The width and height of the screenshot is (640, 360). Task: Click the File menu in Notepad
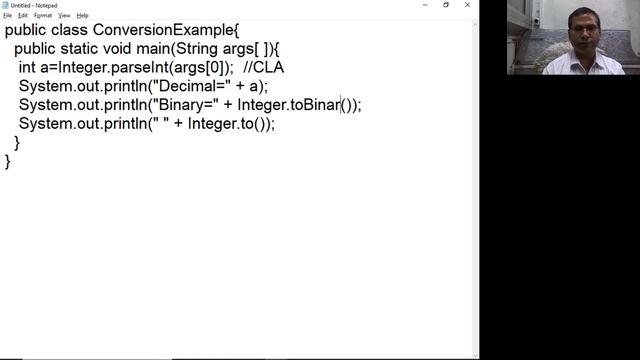[x=7, y=16]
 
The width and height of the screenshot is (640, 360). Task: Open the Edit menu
[x=23, y=16]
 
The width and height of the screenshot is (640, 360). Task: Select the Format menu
[x=43, y=16]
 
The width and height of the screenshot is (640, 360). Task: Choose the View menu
[x=64, y=16]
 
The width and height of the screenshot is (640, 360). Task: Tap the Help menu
[x=83, y=16]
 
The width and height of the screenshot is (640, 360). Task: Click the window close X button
[x=467, y=5]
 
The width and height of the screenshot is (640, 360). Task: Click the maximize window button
[x=446, y=5]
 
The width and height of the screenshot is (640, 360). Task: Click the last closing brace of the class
[x=8, y=161]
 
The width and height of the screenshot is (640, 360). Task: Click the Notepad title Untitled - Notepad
[x=34, y=5]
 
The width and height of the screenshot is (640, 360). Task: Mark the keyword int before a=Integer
[x=27, y=68]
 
